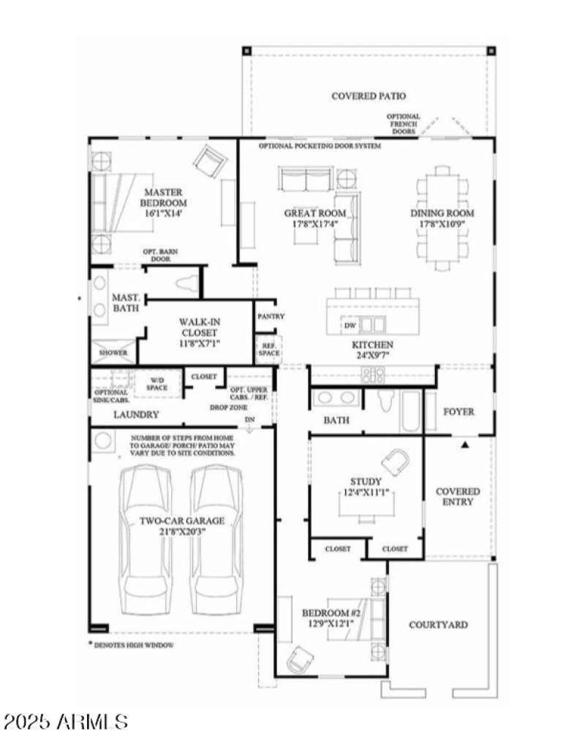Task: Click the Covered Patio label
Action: click(368, 96)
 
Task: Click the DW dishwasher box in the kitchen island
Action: click(350, 325)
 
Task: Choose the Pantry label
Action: click(271, 316)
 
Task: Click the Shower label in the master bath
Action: click(113, 353)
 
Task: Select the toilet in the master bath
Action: click(187, 284)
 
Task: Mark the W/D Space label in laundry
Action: click(158, 383)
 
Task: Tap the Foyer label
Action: click(458, 411)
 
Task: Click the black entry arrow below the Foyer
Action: click(464, 443)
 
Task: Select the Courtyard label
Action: click(438, 625)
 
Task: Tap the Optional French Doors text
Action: click(403, 123)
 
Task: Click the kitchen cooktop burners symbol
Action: click(373, 375)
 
